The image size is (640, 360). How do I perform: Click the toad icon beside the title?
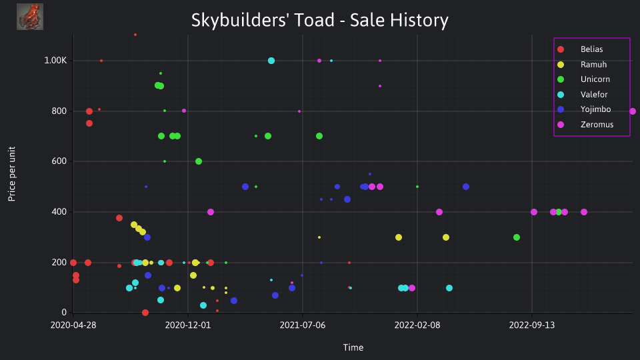click(30, 17)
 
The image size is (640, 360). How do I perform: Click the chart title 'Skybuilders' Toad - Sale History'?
click(319, 20)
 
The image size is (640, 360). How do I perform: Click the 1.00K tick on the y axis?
click(55, 61)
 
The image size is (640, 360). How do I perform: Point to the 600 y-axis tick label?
click(59, 161)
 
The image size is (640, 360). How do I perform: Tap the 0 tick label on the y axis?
click(64, 312)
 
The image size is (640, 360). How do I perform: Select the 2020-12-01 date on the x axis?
click(188, 325)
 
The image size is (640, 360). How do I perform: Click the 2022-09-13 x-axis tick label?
click(532, 325)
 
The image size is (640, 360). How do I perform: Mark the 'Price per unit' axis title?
click(12, 174)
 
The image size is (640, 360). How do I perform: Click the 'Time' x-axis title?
click(353, 347)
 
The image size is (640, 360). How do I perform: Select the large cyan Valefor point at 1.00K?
click(271, 61)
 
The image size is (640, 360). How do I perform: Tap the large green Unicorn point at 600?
click(199, 161)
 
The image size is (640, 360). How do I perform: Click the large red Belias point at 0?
click(145, 313)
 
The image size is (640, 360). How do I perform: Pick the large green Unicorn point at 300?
click(516, 237)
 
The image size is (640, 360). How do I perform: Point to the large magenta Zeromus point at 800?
click(632, 111)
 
